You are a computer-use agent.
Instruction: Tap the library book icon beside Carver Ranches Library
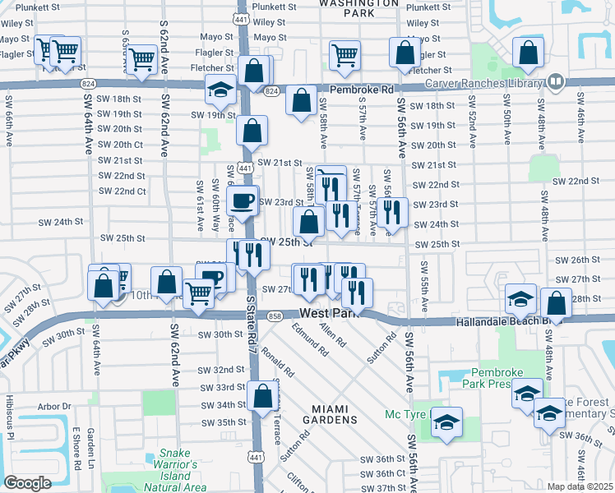(556, 82)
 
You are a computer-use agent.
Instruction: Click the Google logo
(27, 483)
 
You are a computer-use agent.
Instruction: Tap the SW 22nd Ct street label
(122, 191)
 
